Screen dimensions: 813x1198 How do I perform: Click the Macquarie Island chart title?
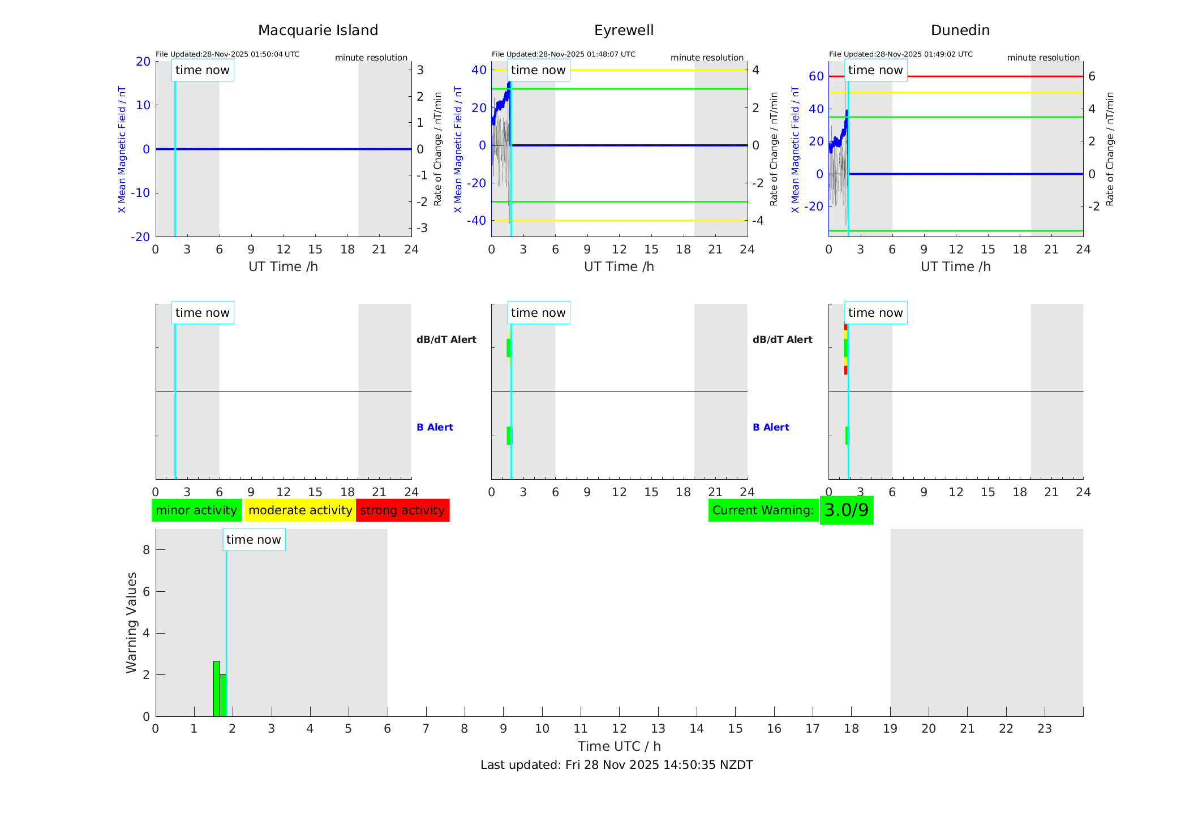317,31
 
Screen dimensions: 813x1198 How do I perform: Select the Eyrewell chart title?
624,31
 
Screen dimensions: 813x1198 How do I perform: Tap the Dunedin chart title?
960,31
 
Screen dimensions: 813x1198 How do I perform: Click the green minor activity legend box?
196,510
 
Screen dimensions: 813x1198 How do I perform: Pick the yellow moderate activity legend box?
300,510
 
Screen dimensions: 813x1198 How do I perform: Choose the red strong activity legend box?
402,510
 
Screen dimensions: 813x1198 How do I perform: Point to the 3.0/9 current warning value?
846,510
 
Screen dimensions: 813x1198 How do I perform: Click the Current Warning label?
763,510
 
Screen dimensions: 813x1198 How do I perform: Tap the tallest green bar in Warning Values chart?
216,689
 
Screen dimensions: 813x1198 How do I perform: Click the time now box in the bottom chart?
254,540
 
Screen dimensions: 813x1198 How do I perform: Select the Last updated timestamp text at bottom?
616,765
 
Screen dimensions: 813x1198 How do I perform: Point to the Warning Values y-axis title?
132,622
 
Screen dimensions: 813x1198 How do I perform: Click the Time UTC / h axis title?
619,746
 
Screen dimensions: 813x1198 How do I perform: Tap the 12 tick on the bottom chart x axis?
619,729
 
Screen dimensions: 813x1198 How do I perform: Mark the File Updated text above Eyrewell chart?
563,54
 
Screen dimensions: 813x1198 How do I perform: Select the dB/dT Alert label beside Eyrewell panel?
782,339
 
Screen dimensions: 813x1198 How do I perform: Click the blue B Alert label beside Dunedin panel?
771,427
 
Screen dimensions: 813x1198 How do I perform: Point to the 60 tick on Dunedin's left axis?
816,76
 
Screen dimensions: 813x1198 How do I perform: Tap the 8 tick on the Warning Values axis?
146,549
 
